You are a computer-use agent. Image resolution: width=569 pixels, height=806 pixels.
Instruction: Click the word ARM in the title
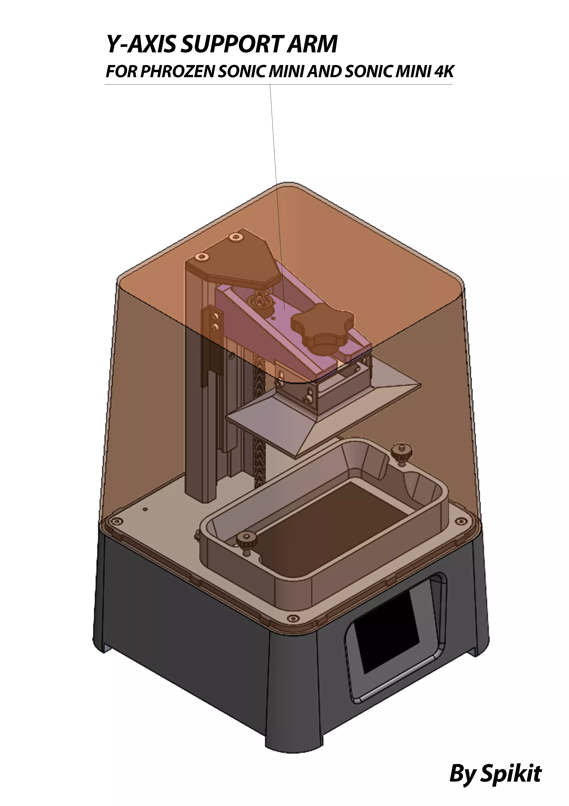tap(311, 45)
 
